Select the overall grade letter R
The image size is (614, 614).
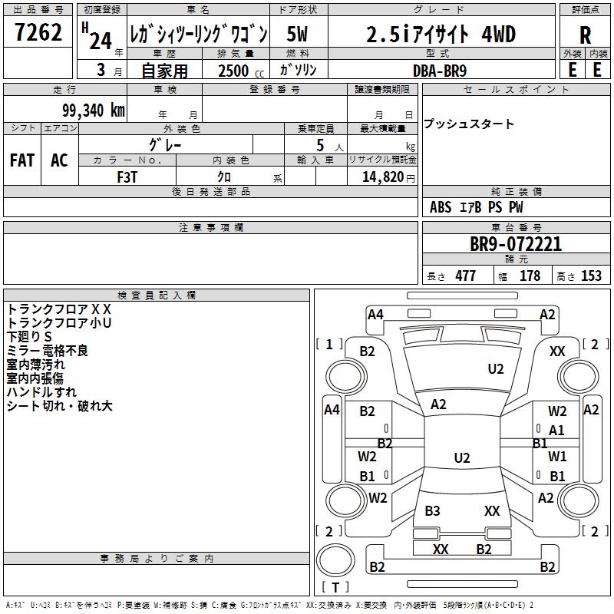pos(585,35)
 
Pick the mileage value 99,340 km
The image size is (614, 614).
pos(87,110)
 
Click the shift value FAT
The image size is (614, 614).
pos(21,160)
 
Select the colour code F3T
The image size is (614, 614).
pos(127,177)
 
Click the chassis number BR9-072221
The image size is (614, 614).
pos(516,244)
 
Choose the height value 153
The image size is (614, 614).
pos(590,276)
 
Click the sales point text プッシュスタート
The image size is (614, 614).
pos(469,124)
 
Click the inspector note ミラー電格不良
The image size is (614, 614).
pos(48,351)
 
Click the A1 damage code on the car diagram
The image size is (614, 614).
pos(556,431)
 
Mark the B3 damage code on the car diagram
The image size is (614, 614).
pos(432,511)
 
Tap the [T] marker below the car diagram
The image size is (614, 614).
pos(335,587)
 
